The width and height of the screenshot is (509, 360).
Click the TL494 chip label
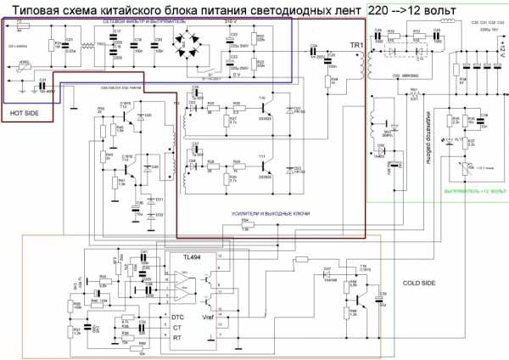(195, 256)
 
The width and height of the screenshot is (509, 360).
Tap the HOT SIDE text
(25, 111)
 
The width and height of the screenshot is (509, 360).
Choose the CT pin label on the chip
(176, 326)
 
